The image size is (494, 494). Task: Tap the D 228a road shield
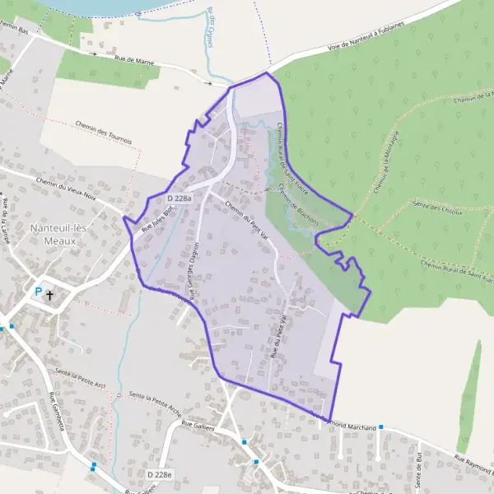pyautogui.click(x=179, y=198)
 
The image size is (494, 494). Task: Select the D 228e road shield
pyautogui.click(x=161, y=474)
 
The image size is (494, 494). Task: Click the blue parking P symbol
pyautogui.click(x=37, y=291)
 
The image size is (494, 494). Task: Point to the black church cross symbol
pyautogui.click(x=50, y=293)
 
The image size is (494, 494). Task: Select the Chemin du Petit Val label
pyautogui.click(x=246, y=221)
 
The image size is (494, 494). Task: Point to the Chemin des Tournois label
pyautogui.click(x=103, y=134)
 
